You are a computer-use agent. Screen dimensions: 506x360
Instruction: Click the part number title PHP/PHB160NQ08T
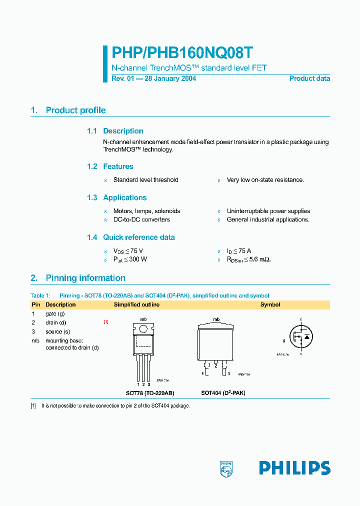(182, 53)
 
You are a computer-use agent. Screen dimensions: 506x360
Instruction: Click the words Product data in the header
(309, 78)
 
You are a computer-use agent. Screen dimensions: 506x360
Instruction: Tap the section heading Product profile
(75, 110)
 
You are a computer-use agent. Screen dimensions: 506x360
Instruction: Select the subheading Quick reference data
(138, 237)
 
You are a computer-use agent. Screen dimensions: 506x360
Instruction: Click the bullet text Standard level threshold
(145, 180)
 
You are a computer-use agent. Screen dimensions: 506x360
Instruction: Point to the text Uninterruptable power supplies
(268, 211)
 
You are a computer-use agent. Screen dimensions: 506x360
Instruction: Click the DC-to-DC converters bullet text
(141, 219)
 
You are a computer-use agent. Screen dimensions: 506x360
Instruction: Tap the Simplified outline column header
(136, 304)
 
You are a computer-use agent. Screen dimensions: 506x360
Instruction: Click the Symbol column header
(270, 304)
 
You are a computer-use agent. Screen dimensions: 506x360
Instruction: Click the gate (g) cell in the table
(55, 313)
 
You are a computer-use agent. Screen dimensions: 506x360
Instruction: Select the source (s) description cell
(57, 331)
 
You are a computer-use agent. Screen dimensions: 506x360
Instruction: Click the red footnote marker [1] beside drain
(105, 322)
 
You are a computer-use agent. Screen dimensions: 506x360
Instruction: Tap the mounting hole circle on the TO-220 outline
(143, 328)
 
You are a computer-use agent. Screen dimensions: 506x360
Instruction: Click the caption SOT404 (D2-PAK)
(223, 393)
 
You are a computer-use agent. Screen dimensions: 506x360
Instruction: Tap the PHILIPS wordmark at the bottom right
(294, 468)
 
